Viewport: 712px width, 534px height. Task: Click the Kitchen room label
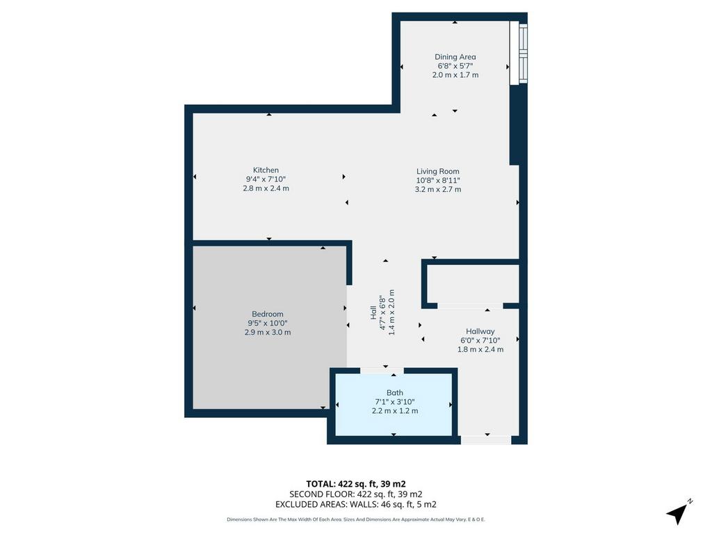click(266, 170)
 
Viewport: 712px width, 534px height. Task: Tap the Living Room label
click(438, 171)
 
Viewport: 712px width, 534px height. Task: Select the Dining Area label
click(455, 57)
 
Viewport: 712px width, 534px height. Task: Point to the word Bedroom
click(268, 314)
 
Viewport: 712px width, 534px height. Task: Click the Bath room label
click(395, 393)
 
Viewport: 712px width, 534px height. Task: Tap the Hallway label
click(480, 332)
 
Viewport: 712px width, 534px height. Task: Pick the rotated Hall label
click(373, 312)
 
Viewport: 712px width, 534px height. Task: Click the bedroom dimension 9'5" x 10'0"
click(268, 323)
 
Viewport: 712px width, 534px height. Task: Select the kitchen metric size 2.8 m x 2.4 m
click(266, 188)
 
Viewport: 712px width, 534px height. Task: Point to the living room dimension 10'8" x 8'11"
click(438, 180)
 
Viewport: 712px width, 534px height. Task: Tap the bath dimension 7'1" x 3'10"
click(395, 402)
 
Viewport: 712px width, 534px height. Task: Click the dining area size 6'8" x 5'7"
click(455, 66)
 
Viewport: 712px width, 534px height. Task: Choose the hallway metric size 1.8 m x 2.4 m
click(480, 350)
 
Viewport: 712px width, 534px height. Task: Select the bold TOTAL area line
click(355, 484)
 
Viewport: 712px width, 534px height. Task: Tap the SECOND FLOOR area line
click(355, 494)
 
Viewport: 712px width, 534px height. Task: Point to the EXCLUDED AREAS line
click(355, 505)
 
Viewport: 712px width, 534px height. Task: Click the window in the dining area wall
click(519, 53)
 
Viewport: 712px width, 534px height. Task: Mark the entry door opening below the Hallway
click(486, 440)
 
